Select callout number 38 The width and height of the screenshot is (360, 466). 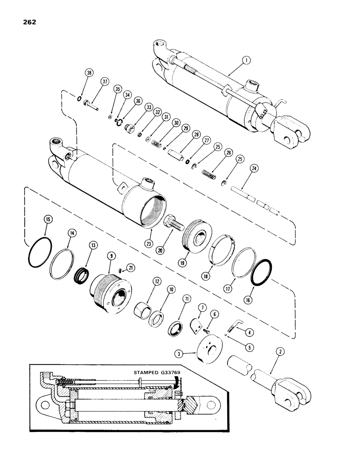(88, 72)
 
